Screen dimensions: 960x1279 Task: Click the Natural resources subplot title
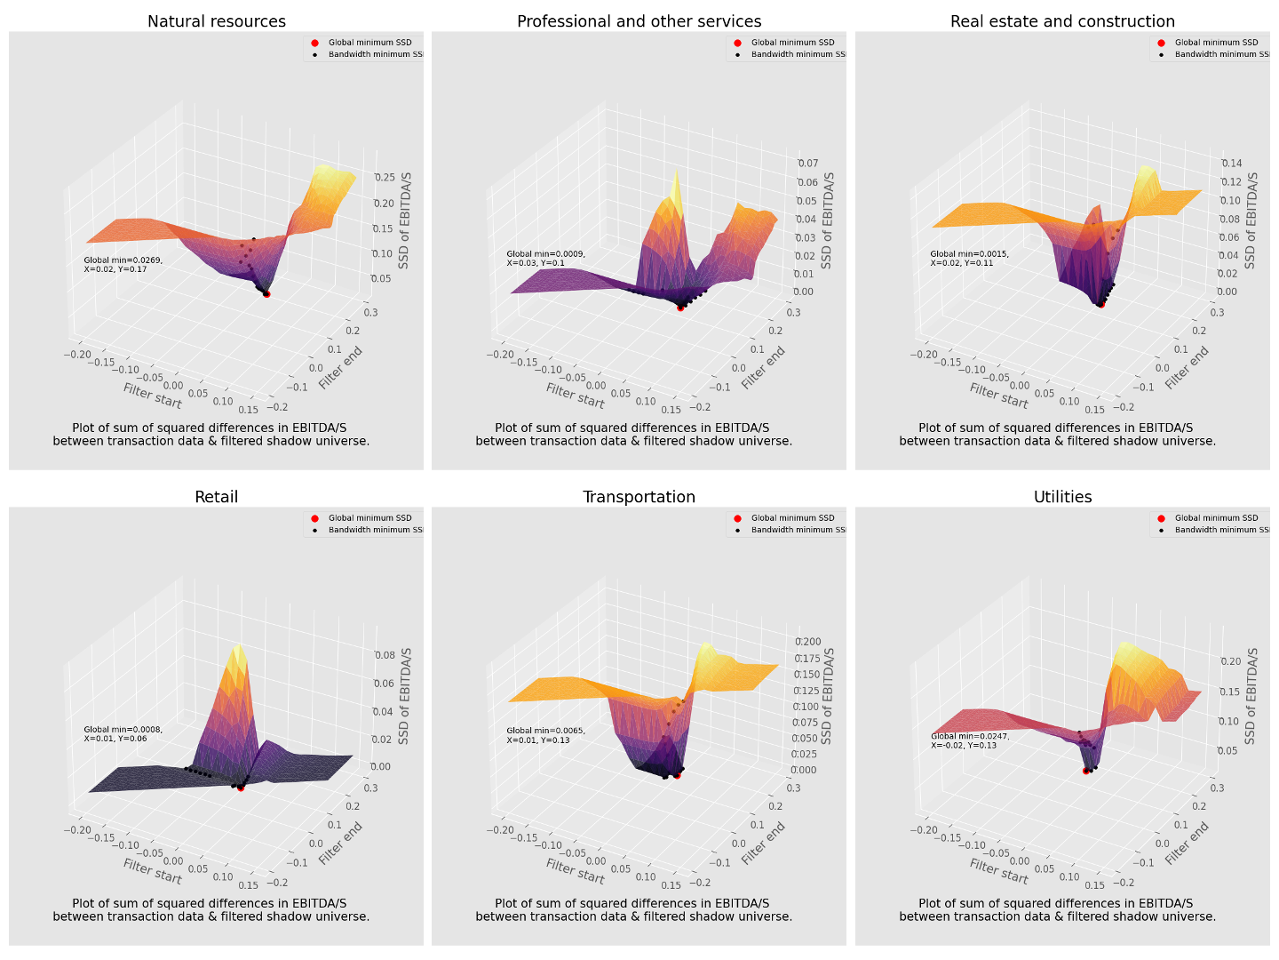pyautogui.click(x=217, y=21)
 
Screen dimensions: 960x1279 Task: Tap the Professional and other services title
pyautogui.click(x=639, y=21)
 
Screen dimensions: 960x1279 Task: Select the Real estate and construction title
pyautogui.click(x=1062, y=21)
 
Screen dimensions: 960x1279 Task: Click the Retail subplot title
pyautogui.click(x=217, y=497)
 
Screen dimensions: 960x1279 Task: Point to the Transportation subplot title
pyautogui.click(x=639, y=497)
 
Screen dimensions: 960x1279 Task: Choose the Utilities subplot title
pyautogui.click(x=1062, y=497)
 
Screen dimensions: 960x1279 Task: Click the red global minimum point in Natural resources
pyautogui.click(x=266, y=293)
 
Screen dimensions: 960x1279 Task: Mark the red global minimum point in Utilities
pyautogui.click(x=1085, y=771)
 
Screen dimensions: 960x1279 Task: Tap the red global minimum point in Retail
pyautogui.click(x=241, y=788)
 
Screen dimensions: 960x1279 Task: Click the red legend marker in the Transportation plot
pyautogui.click(x=737, y=518)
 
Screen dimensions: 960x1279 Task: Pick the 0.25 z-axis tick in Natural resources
pyautogui.click(x=385, y=178)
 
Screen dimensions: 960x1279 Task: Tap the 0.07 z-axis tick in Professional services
pyautogui.click(x=807, y=164)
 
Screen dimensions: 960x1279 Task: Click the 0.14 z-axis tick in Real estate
pyautogui.click(x=1231, y=164)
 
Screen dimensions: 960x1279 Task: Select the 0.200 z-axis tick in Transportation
pyautogui.click(x=807, y=642)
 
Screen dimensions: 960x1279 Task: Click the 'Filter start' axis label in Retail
pyautogui.click(x=153, y=871)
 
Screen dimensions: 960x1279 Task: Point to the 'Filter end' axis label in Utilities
pyautogui.click(x=1187, y=842)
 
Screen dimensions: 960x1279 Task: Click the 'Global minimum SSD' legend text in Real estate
pyautogui.click(x=1216, y=43)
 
